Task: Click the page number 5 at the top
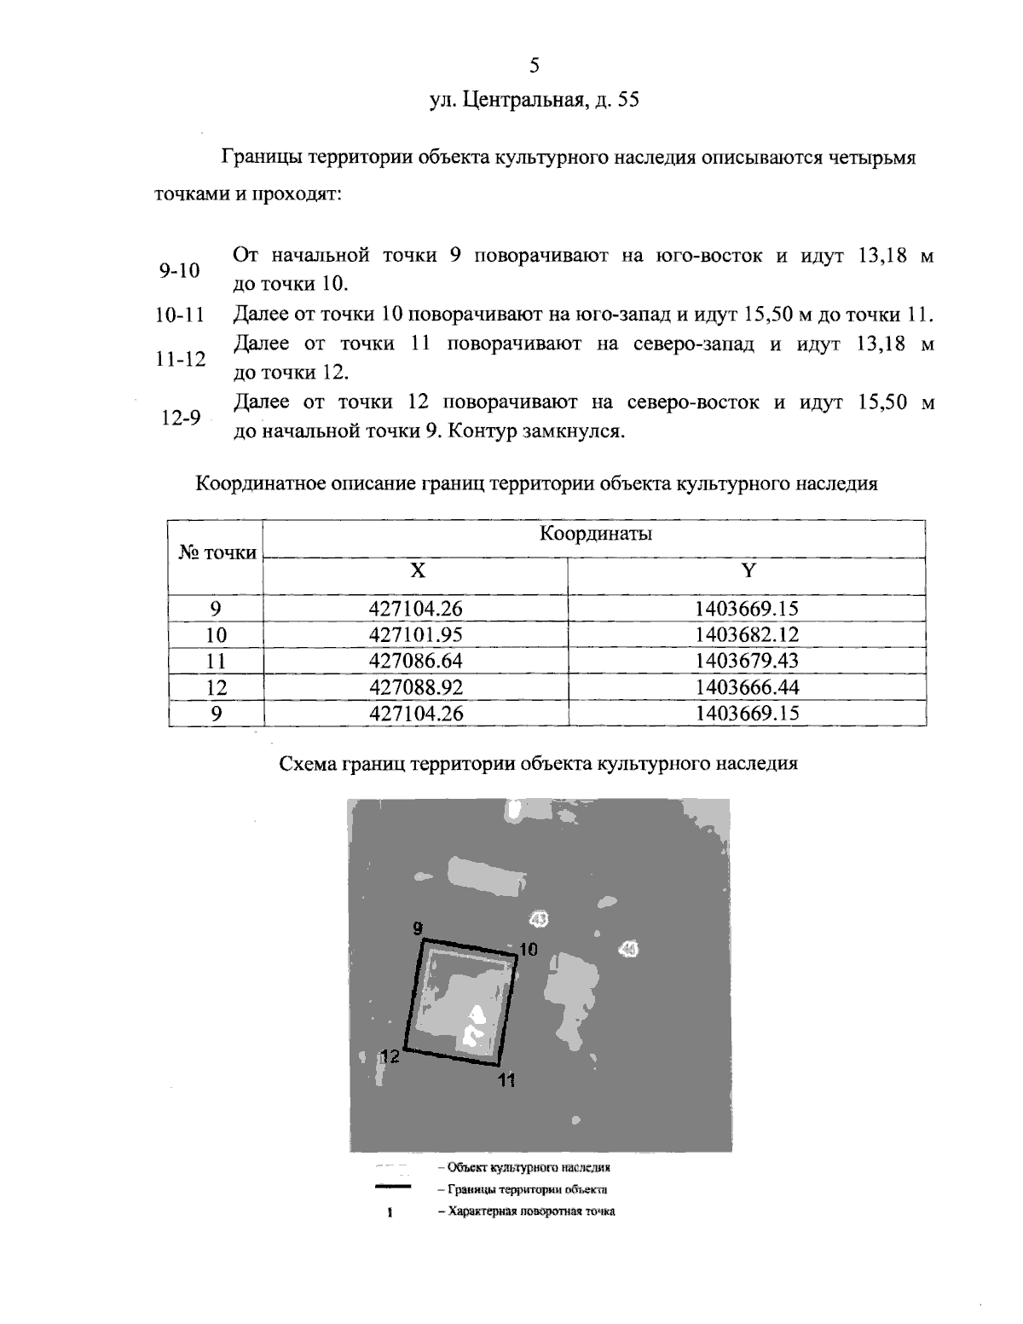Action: tap(535, 65)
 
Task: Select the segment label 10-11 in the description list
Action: tap(181, 315)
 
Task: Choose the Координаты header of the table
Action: tap(595, 534)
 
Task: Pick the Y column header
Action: tap(748, 571)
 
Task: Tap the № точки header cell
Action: tap(217, 552)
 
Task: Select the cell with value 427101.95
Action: tap(416, 634)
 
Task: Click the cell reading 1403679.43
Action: tap(747, 661)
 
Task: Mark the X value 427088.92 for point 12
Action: tap(416, 687)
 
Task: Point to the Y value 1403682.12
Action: tap(747, 634)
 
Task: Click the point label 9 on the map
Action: tap(417, 928)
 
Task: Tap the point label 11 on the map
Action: tap(506, 1081)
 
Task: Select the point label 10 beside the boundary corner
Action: tap(529, 948)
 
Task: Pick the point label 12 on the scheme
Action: tap(390, 1055)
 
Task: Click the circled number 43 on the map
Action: tap(539, 918)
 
